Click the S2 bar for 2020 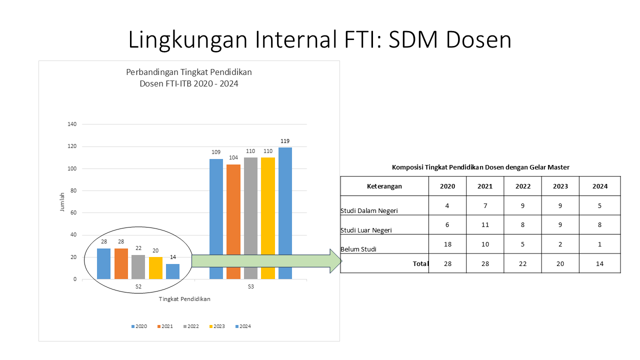(103, 263)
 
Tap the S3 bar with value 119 (285, 212)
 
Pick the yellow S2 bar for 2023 (155, 268)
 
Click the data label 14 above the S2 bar (172, 257)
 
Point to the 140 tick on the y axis (72, 124)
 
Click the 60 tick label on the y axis (73, 213)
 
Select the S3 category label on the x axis (250, 287)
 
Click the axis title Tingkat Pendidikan (184, 299)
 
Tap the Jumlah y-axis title (62, 201)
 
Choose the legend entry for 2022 (190, 326)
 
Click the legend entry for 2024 (242, 326)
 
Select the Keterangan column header (384, 186)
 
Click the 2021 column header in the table (484, 186)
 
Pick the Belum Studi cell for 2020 (447, 244)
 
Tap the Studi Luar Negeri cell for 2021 (484, 225)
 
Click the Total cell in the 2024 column (599, 263)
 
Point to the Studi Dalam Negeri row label (369, 210)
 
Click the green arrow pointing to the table (265, 261)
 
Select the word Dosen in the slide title (478, 40)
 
